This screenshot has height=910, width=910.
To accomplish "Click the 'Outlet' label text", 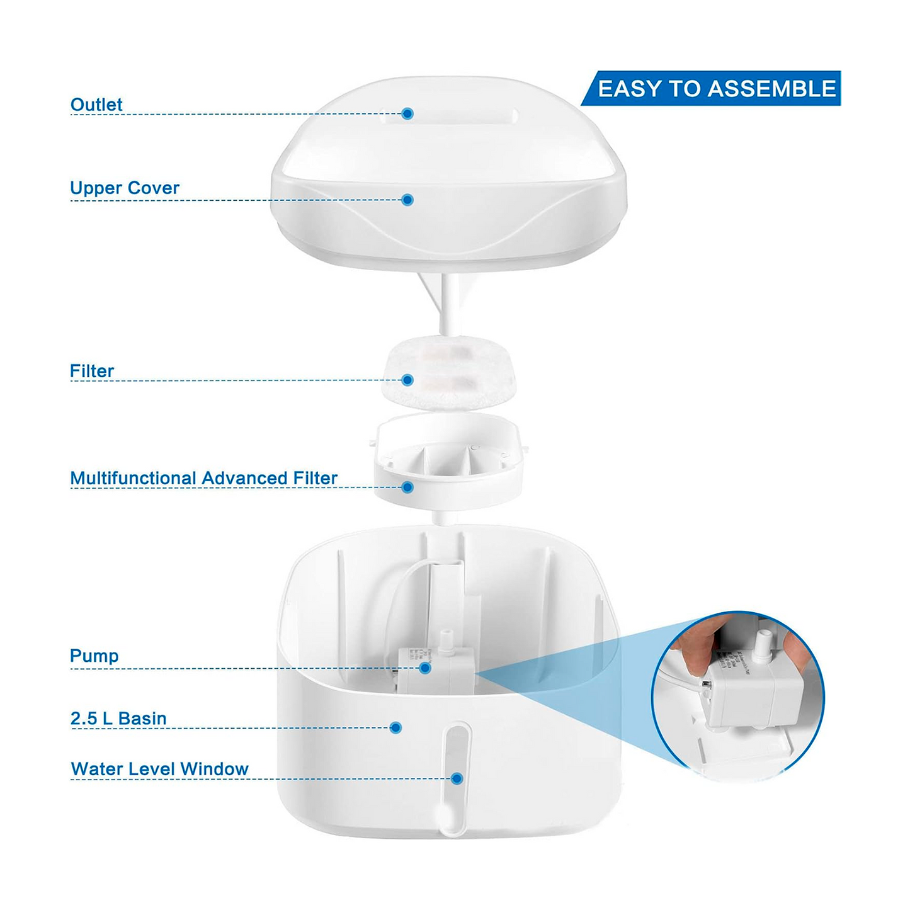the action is [x=96, y=105].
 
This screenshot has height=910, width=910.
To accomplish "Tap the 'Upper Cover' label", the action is [x=125, y=188].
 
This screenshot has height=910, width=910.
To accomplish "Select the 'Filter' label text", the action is [x=92, y=371].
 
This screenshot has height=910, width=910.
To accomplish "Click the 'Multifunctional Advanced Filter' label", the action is [x=203, y=478].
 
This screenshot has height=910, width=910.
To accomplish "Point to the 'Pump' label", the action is [x=94, y=656].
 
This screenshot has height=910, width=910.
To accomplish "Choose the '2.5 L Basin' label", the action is [x=118, y=719].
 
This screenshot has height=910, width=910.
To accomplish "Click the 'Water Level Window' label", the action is [x=159, y=768].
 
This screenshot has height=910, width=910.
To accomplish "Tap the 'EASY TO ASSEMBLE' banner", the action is [x=711, y=88].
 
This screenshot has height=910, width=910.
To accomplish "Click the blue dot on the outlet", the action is [x=407, y=113].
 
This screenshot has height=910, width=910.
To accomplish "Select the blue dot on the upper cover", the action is [x=407, y=200].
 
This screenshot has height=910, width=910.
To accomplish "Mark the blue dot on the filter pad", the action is [x=407, y=380].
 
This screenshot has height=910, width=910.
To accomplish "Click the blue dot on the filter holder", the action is [x=407, y=487].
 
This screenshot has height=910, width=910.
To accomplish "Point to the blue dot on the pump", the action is [x=425, y=668].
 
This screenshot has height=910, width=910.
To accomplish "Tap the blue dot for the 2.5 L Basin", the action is [x=395, y=728].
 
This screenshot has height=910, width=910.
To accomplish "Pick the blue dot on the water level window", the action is [x=456, y=779].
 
